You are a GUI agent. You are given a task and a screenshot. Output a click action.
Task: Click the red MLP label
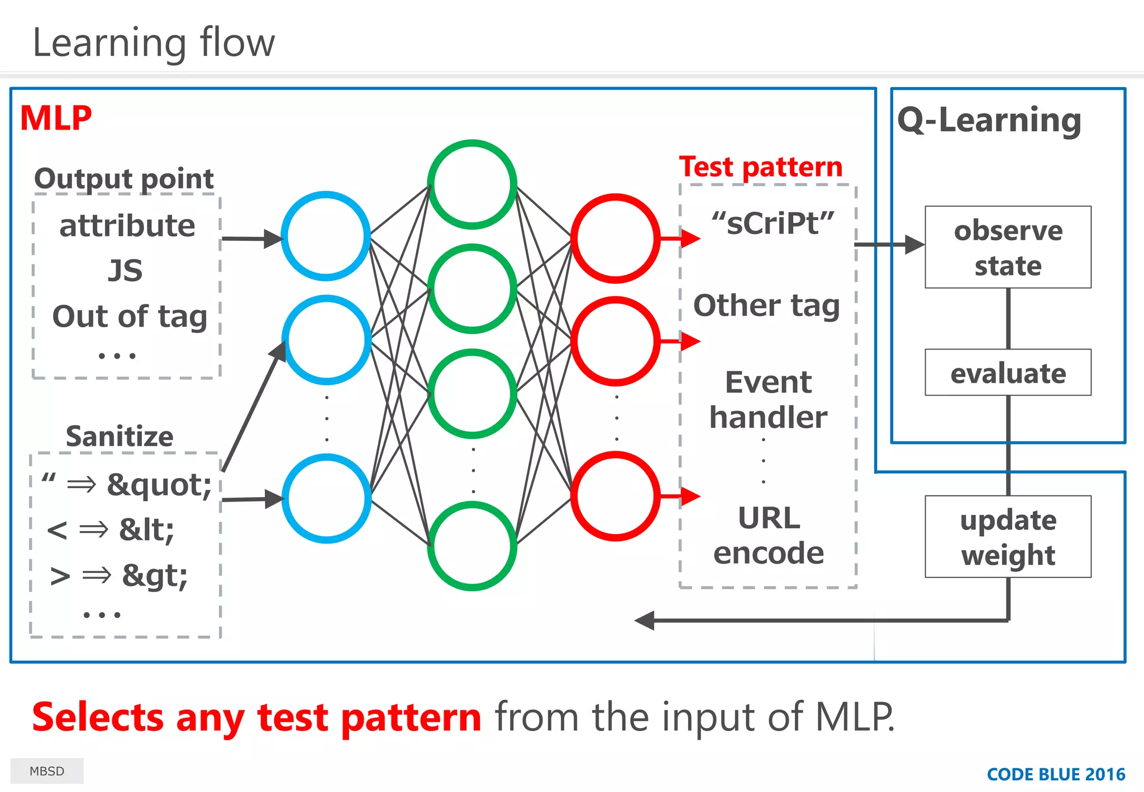point(56,118)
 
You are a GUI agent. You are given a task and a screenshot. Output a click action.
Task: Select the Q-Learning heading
point(989,120)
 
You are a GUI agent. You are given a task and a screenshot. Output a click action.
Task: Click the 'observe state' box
point(1008,247)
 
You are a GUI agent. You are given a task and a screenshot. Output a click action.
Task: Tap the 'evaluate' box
point(1008,373)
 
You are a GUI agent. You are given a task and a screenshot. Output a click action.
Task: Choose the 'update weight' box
point(1008,537)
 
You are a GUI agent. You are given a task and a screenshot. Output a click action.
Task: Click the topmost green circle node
point(472,184)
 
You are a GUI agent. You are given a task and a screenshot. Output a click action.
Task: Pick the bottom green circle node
point(472,546)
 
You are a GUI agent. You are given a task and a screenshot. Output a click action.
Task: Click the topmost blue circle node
point(326,236)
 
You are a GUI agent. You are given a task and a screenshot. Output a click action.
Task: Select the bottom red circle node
point(616,496)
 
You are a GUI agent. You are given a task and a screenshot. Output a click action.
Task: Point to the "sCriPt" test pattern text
point(773,223)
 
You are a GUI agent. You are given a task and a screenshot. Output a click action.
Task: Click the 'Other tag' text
point(766,306)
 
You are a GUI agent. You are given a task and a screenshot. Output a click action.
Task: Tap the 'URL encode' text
point(769,535)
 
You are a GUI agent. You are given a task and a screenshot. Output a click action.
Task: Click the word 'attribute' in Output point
point(127,226)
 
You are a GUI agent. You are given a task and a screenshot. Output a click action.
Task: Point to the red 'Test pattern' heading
point(761,167)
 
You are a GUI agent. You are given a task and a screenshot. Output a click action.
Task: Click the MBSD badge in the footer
point(47,771)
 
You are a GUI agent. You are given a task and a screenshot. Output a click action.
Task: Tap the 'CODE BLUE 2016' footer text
point(1056,774)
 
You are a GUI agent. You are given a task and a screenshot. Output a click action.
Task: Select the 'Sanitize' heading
point(120,436)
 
